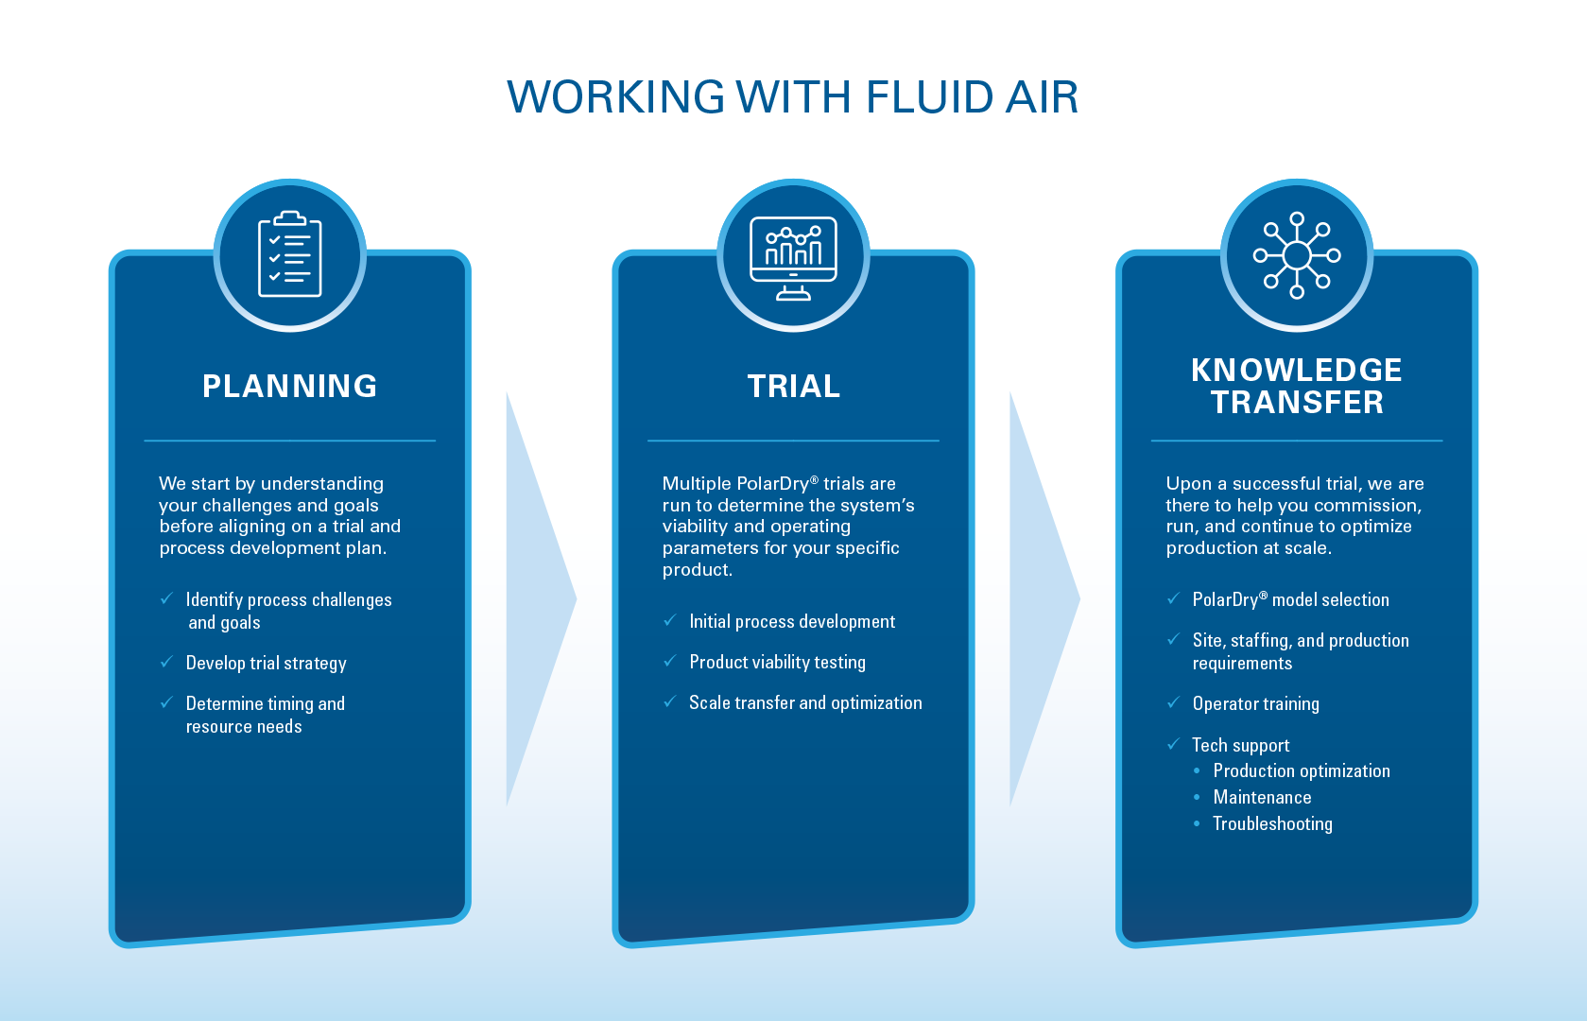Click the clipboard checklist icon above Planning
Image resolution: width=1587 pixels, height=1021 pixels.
click(x=290, y=253)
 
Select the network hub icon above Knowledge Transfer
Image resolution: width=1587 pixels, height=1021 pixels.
click(x=1297, y=255)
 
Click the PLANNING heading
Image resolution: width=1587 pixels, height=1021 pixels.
click(x=290, y=386)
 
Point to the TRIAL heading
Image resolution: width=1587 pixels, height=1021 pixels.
click(x=794, y=386)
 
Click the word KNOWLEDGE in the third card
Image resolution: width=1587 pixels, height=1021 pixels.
click(x=1297, y=370)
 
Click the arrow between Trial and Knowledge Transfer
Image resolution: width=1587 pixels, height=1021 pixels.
click(x=1044, y=599)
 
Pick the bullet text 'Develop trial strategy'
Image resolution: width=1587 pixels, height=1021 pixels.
click(x=266, y=664)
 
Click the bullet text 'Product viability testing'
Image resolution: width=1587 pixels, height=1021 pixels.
click(x=777, y=662)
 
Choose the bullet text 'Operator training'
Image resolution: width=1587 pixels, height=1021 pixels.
click(x=1255, y=703)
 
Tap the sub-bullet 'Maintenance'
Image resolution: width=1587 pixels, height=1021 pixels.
click(x=1262, y=797)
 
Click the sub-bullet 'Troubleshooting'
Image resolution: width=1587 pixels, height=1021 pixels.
click(x=1272, y=823)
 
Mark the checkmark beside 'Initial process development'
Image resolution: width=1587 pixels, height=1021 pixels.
click(x=669, y=621)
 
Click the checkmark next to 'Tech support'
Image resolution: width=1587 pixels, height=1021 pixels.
click(x=1173, y=744)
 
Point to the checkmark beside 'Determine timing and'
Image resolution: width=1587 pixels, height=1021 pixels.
click(x=166, y=702)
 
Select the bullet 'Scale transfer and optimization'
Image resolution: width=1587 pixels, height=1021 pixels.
click(x=805, y=702)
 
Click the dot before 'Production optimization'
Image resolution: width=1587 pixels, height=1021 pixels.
click(x=1197, y=770)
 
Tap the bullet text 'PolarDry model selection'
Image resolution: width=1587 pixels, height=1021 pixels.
click(x=1290, y=599)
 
